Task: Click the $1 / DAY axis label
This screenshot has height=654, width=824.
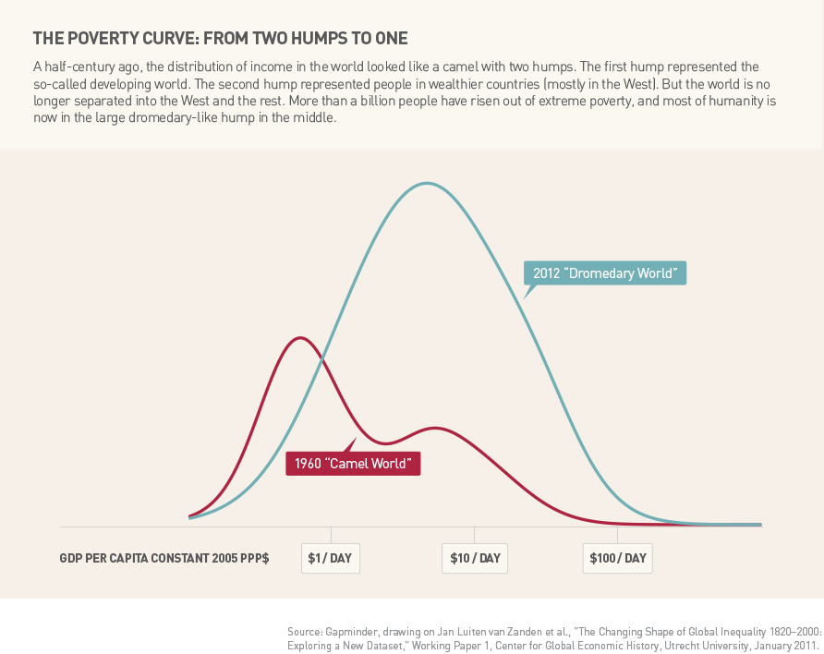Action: click(331, 558)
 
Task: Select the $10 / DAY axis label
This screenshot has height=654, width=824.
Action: click(475, 558)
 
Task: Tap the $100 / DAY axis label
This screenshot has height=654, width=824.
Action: click(618, 558)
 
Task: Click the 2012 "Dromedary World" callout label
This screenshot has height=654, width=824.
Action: click(605, 273)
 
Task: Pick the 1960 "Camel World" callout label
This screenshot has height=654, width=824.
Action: click(353, 462)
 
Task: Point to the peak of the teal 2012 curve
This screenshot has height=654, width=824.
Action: click(426, 183)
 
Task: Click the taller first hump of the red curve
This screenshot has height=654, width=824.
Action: click(298, 338)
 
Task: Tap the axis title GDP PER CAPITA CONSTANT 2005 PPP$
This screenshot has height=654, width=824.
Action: click(164, 559)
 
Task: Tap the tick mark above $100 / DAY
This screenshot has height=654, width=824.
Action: click(618, 534)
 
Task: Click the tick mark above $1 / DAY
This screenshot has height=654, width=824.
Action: click(331, 534)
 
